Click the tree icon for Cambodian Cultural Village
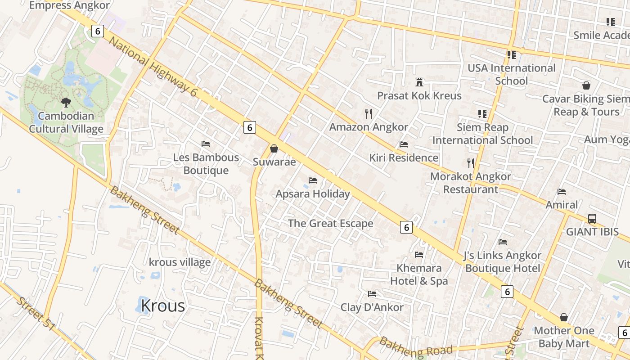click(66, 103)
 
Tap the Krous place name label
click(162, 306)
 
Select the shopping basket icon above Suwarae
click(274, 148)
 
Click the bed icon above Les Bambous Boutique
click(206, 144)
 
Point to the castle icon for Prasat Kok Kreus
click(419, 82)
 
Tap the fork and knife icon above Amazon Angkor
click(369, 113)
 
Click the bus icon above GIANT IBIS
click(592, 219)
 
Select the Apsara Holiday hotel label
click(312, 194)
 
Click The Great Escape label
click(330, 223)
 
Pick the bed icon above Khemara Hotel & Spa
click(419, 255)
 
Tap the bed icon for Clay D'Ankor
click(372, 294)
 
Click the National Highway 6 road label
click(153, 67)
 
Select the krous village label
click(180, 262)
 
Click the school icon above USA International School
click(511, 55)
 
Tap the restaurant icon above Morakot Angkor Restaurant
click(471, 163)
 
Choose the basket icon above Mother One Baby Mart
click(563, 317)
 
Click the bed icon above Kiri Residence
click(404, 144)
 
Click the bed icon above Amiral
click(562, 192)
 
